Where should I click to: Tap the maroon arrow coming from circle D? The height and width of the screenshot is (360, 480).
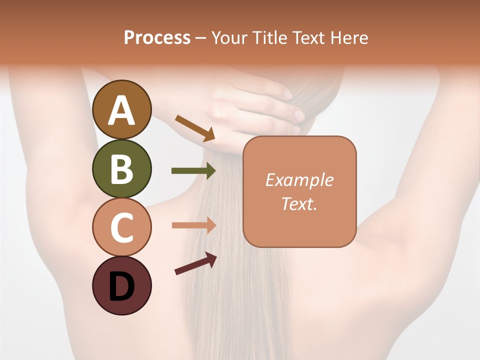[195, 263]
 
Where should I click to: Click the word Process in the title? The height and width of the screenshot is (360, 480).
[157, 37]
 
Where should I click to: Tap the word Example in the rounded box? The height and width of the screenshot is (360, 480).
[299, 180]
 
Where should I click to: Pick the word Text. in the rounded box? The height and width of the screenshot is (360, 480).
[299, 203]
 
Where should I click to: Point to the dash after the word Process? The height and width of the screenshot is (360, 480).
[201, 38]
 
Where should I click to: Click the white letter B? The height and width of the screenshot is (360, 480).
[121, 169]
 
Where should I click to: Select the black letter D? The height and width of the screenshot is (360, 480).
[121, 287]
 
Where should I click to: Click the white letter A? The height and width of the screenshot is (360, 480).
[121, 110]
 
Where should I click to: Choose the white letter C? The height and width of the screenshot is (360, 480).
[121, 227]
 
